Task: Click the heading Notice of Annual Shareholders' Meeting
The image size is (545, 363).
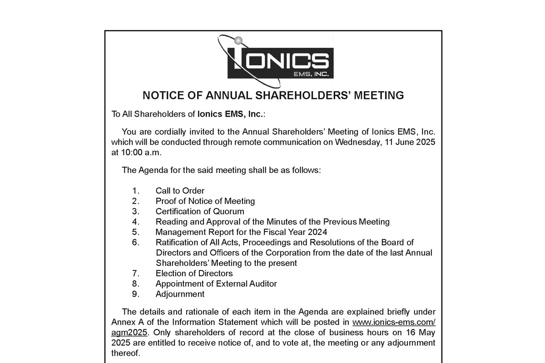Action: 273,95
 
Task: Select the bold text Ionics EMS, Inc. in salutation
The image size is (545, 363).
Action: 230,114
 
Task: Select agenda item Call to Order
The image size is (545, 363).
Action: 180,191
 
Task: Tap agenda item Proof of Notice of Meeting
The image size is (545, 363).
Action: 205,201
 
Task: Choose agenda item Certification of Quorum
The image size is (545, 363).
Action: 199,211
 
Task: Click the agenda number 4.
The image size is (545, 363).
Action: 135,222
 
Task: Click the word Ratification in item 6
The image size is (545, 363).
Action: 175,242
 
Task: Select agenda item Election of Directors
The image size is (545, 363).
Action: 194,273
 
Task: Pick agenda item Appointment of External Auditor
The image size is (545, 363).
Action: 216,284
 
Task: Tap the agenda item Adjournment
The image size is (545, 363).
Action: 180,294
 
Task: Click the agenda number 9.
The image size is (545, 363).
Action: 135,294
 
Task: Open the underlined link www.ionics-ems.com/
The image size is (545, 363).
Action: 394,322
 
